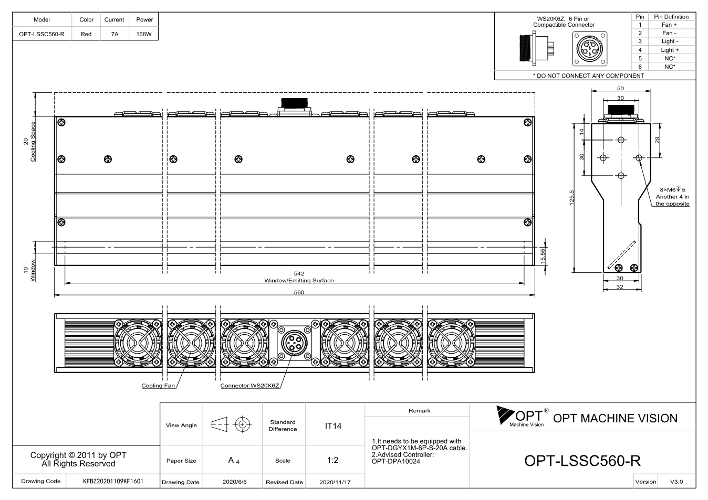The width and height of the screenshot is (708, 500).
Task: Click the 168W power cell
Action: click(x=144, y=34)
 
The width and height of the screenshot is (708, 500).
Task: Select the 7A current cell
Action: click(x=114, y=34)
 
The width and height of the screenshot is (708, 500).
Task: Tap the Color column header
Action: click(x=86, y=19)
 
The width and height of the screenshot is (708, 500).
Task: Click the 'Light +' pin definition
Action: click(x=670, y=50)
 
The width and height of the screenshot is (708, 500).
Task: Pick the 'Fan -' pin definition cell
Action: click(x=670, y=33)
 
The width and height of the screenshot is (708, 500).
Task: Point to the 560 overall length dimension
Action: click(x=299, y=292)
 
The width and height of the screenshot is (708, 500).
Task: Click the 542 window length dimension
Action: click(x=299, y=273)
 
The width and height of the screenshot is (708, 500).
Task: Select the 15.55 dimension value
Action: click(x=543, y=256)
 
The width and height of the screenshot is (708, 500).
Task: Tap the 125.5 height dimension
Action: click(x=571, y=198)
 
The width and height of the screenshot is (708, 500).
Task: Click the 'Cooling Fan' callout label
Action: click(x=158, y=386)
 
